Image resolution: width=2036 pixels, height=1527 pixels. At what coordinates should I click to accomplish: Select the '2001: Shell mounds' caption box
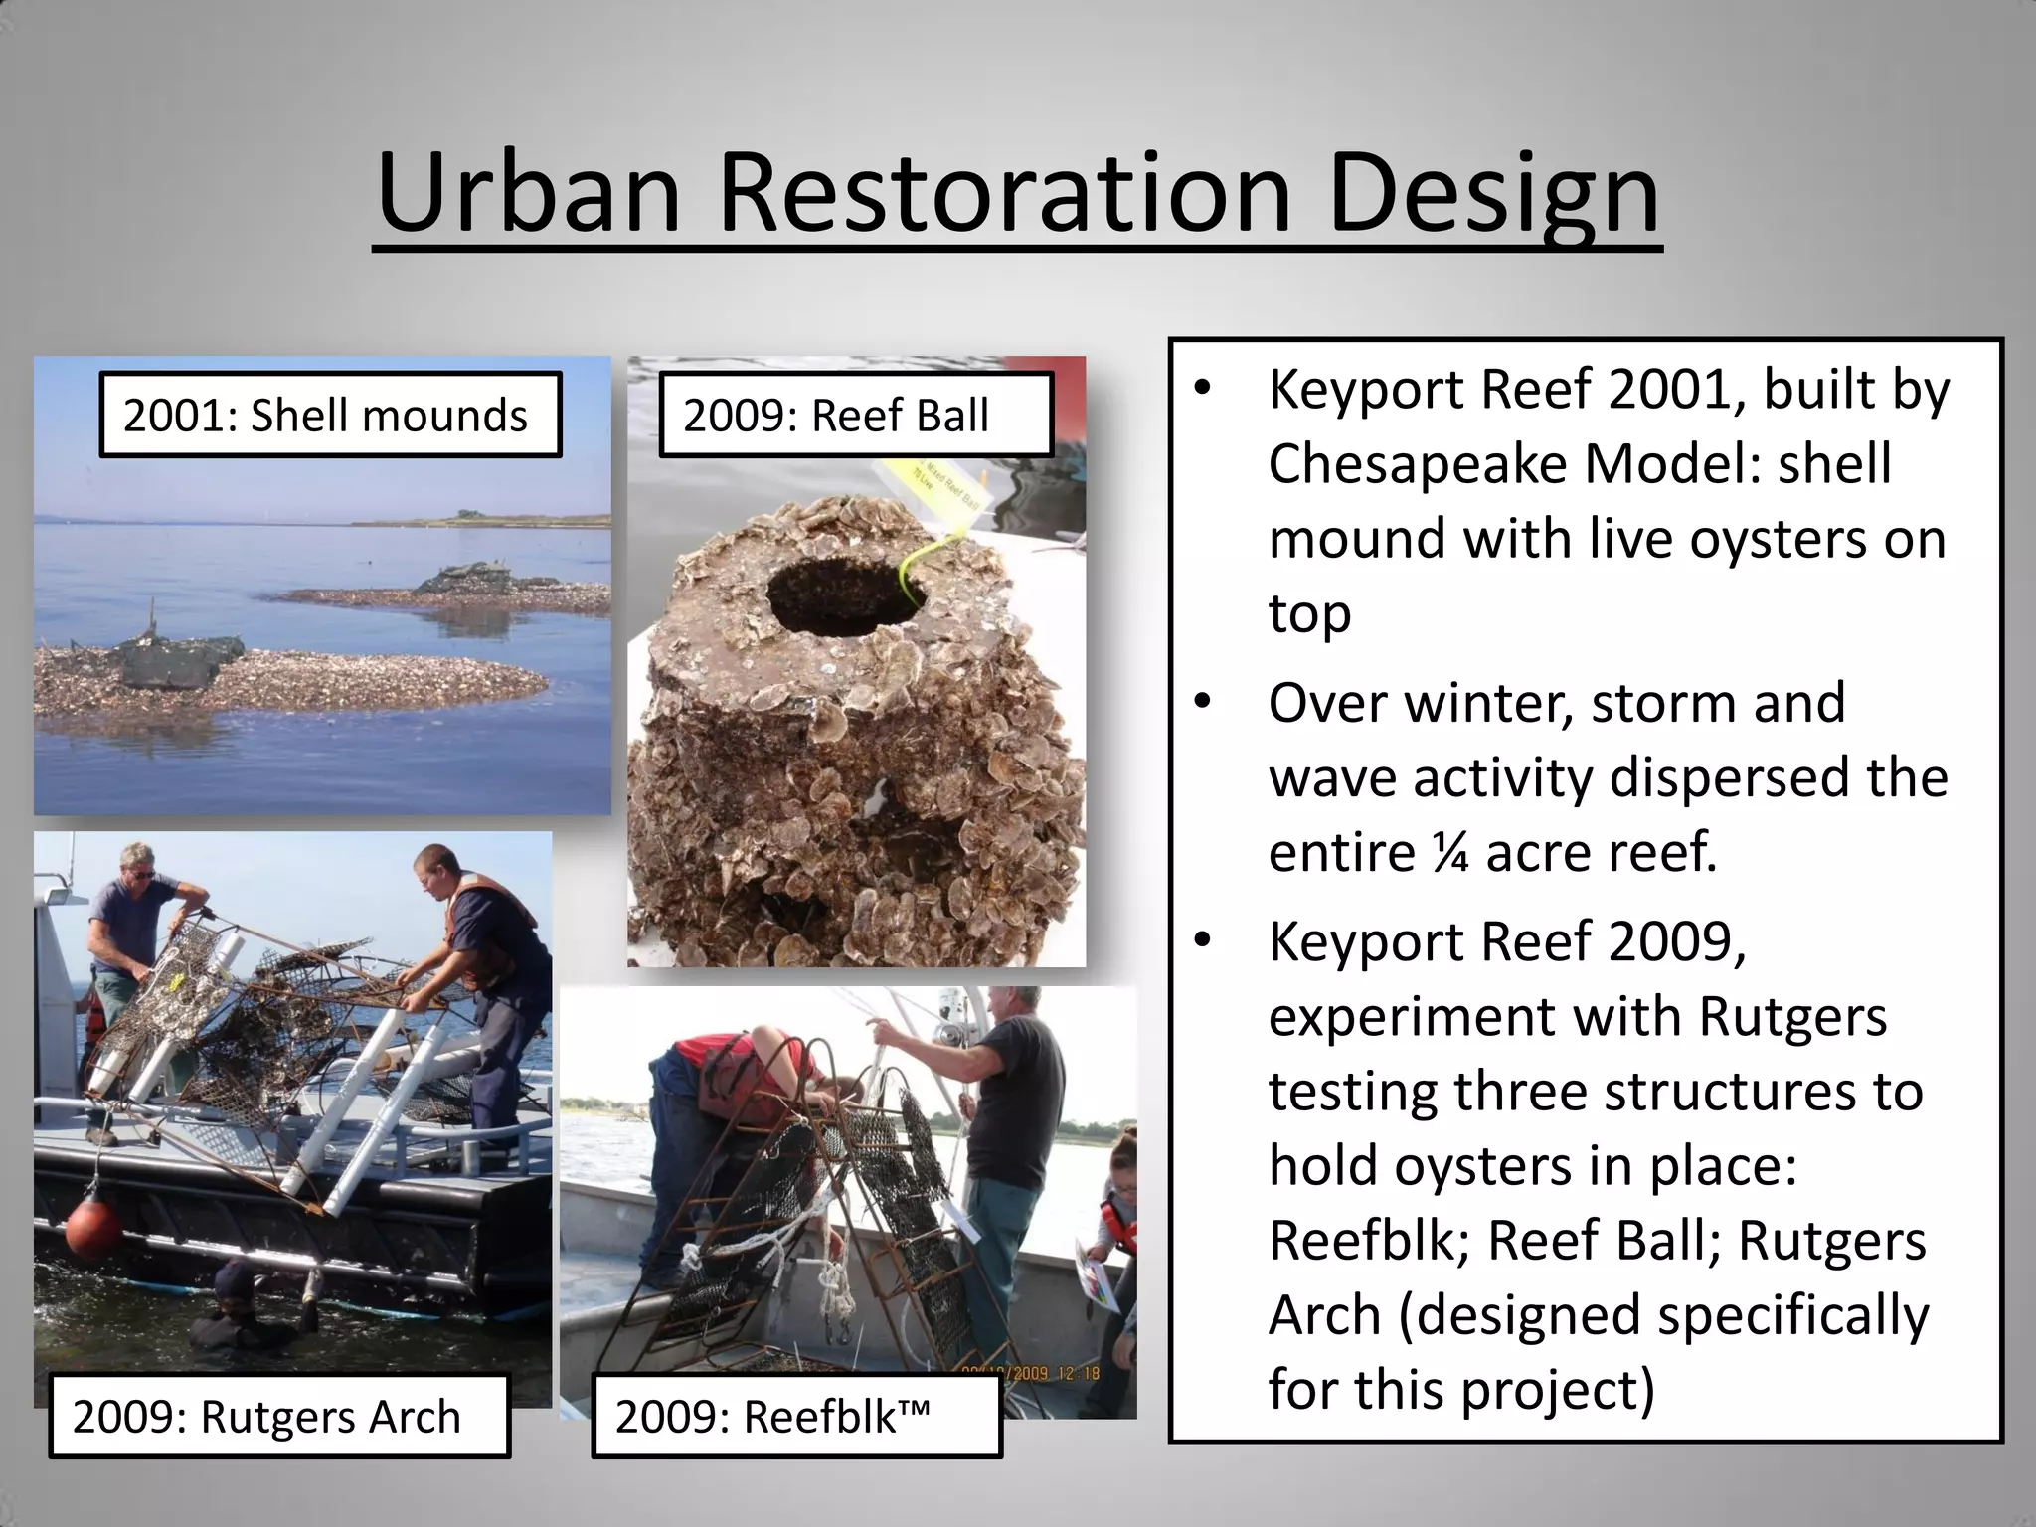pos(330,416)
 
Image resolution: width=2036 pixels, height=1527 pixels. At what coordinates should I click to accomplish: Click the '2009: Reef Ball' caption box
pos(855,416)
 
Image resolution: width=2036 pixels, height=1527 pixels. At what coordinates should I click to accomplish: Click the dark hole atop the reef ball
pos(846,596)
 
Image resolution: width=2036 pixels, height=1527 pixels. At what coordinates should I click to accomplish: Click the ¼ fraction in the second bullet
pos(1450,852)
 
